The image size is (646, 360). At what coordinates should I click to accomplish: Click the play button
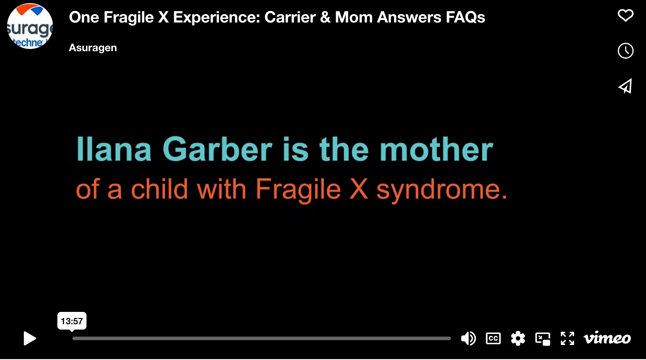(x=30, y=338)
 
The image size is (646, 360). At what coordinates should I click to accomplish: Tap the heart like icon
(x=626, y=15)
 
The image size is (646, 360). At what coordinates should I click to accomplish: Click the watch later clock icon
(x=626, y=51)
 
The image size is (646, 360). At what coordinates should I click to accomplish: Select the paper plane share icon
(x=625, y=86)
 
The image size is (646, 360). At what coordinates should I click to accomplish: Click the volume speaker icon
(x=468, y=338)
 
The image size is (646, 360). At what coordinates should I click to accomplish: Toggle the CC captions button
(x=493, y=338)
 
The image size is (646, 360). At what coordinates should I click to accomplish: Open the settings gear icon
(x=518, y=338)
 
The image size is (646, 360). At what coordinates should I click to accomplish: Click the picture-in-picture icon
(x=543, y=338)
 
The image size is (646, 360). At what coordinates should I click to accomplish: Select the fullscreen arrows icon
(x=567, y=338)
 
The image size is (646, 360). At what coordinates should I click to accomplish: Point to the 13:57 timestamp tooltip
(x=72, y=321)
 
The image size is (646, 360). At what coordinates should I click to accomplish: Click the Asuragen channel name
(x=93, y=48)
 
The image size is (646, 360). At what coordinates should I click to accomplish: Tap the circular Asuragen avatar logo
(x=30, y=26)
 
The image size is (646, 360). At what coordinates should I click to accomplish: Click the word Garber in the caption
(x=218, y=149)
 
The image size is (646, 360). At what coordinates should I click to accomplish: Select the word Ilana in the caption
(x=114, y=149)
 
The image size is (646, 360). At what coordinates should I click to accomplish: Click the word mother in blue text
(x=436, y=149)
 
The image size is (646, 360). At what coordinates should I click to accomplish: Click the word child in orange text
(x=159, y=188)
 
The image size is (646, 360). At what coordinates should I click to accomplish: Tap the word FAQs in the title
(x=466, y=17)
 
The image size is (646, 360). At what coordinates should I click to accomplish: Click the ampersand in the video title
(x=325, y=17)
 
